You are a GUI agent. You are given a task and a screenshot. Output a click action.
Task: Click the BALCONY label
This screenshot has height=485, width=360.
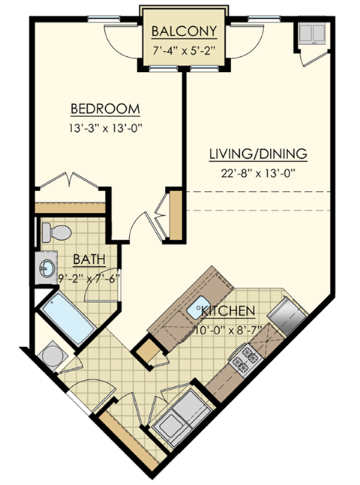[184, 31]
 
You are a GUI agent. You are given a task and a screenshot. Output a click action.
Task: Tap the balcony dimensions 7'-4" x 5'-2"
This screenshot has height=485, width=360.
[184, 51]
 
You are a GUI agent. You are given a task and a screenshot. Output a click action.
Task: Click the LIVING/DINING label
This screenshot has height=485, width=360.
[258, 154]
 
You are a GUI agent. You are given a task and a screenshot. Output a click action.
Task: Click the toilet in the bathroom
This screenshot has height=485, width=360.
[60, 231]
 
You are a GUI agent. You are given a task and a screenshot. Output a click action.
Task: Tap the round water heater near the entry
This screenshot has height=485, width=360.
[54, 353]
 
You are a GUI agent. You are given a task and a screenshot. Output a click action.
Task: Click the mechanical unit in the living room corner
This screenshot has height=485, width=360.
[309, 34]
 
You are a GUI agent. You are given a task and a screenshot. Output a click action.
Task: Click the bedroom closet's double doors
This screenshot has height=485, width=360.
[68, 183]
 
